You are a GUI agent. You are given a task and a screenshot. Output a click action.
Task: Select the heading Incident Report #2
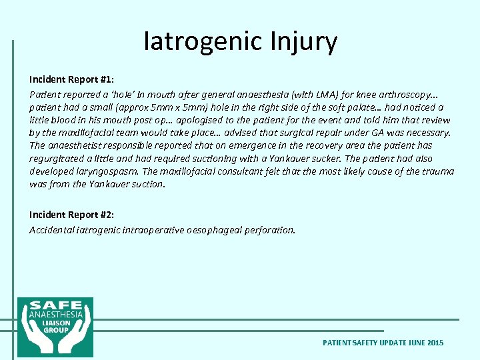click(71, 215)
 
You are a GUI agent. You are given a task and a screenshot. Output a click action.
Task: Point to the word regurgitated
click(57, 159)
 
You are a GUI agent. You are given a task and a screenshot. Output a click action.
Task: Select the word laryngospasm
click(109, 171)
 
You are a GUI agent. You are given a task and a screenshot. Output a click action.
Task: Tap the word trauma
click(437, 171)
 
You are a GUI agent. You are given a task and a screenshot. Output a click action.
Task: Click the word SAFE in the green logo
click(55, 304)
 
